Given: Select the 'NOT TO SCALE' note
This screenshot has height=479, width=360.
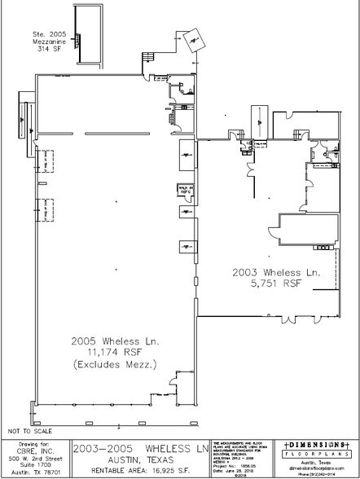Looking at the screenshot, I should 30,428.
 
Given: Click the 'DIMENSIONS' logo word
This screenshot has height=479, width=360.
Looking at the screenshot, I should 314,445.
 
